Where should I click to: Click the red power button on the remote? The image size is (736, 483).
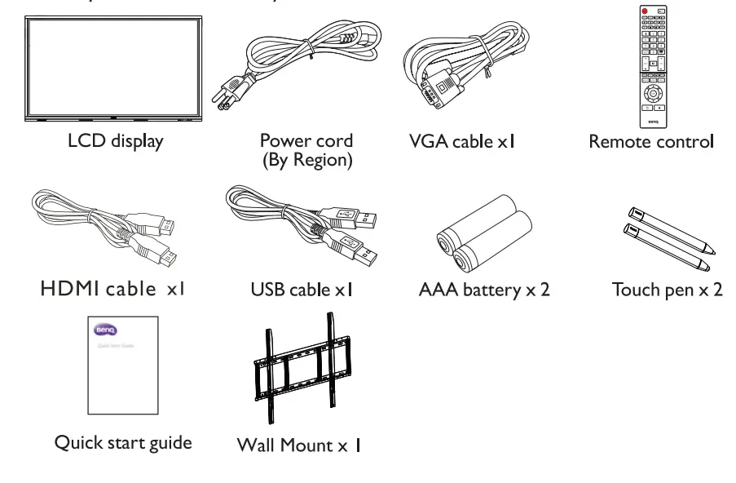(643, 12)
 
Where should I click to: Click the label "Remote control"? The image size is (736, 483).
(650, 142)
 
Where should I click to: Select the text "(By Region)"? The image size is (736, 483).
(306, 161)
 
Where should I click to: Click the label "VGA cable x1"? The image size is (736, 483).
(462, 142)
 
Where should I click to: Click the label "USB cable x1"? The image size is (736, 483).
(302, 290)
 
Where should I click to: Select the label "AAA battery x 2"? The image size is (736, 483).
(483, 290)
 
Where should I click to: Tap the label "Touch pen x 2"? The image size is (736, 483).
(667, 290)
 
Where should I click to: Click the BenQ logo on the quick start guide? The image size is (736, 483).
(107, 330)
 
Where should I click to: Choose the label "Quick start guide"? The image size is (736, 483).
(123, 442)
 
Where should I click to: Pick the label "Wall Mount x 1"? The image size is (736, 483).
(298, 445)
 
